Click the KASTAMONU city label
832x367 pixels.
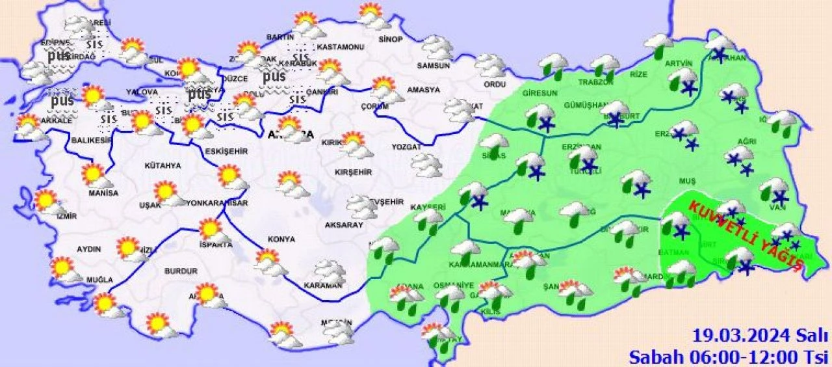point(340,48)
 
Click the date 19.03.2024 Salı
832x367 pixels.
point(760,336)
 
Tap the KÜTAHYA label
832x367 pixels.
point(164,166)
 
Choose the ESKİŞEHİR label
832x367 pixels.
point(226,151)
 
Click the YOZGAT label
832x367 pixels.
point(407,147)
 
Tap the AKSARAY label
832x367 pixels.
point(343,225)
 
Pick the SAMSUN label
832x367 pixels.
point(434,65)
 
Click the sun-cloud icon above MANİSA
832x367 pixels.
point(95,175)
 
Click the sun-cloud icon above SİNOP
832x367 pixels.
point(374,16)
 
